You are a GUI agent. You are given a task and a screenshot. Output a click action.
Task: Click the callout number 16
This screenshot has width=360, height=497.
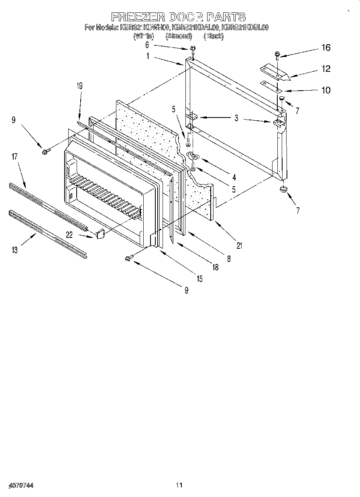(325, 48)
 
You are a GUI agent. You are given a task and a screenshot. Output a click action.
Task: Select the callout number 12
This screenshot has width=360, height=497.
(326, 69)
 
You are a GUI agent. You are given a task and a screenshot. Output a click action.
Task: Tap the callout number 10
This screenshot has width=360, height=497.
(326, 90)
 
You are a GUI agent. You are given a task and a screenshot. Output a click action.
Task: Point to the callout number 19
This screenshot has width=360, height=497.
(79, 85)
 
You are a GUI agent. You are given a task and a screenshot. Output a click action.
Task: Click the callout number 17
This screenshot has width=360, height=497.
(14, 157)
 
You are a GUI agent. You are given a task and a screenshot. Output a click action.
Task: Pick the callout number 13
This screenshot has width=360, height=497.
(14, 250)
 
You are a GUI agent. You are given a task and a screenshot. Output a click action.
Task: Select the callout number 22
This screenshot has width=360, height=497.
(69, 235)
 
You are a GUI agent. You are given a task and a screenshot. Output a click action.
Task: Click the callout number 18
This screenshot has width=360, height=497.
(216, 268)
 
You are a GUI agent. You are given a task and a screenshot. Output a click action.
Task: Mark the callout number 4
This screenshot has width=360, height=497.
(234, 177)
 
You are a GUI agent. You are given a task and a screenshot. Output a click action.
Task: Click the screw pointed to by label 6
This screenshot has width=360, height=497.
(193, 49)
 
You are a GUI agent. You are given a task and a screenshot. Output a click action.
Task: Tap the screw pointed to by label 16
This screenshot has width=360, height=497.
(277, 54)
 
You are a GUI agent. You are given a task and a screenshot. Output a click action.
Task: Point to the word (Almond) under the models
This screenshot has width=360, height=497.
(179, 36)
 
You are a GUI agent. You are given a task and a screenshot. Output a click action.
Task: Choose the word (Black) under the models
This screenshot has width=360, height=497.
(214, 36)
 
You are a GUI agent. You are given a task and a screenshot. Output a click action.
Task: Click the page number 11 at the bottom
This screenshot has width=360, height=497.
(179, 485)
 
